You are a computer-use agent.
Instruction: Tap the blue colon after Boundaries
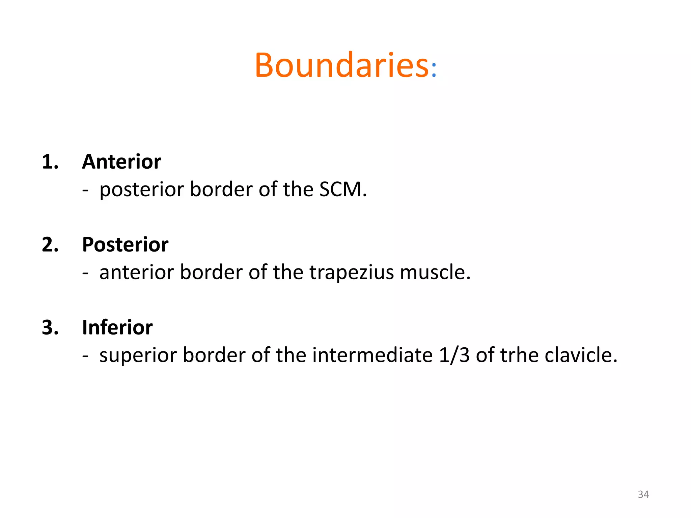coord(434,70)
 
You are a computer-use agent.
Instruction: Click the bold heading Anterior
coord(121,162)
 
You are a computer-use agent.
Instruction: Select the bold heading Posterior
coord(125,244)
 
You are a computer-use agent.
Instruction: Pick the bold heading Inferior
coord(117,327)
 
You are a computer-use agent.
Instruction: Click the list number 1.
coord(50,162)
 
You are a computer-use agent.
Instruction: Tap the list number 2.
coord(50,244)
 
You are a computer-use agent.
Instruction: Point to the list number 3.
coord(50,327)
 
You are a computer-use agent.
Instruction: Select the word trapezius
coord(351,272)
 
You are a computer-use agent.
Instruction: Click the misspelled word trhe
coord(519,355)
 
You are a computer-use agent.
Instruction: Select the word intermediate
coord(372,355)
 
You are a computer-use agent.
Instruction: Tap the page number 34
coord(643,494)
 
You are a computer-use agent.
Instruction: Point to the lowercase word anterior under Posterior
coord(136,272)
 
